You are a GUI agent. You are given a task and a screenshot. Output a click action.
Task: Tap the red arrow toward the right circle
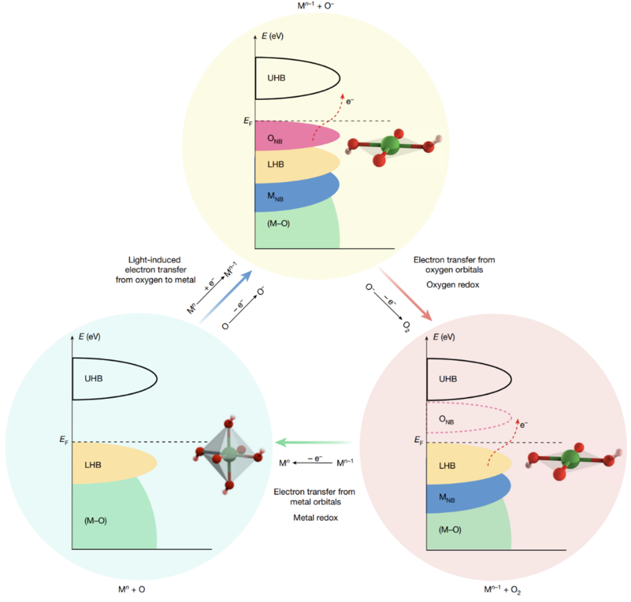click(406, 295)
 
